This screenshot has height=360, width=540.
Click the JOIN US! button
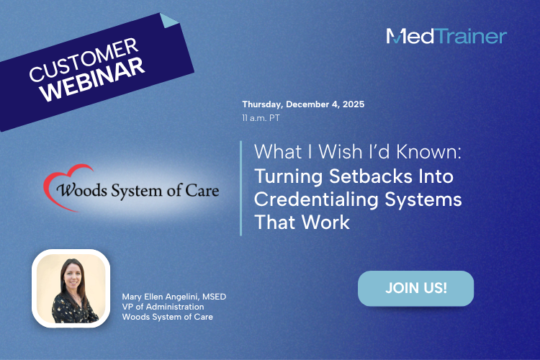415,288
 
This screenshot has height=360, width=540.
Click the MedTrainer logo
446,36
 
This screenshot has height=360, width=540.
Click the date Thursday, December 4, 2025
303,104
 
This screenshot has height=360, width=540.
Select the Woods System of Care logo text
131,192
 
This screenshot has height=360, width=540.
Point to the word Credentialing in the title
312,199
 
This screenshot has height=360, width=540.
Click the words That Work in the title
302,222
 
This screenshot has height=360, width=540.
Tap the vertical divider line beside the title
240,188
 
